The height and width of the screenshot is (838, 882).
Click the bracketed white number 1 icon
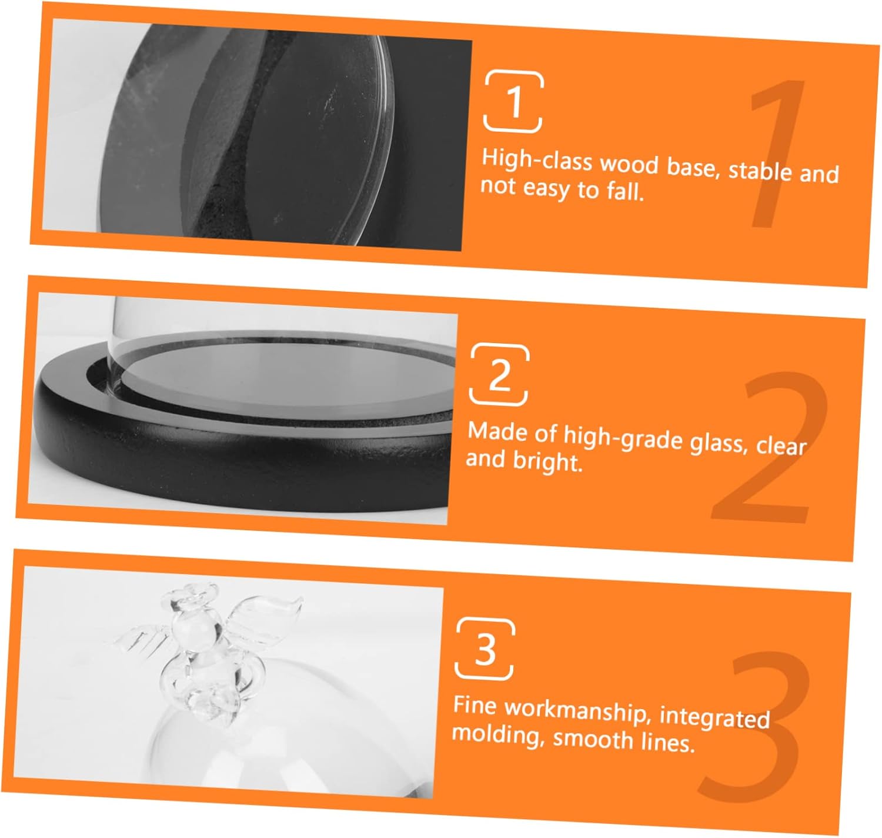click(x=513, y=102)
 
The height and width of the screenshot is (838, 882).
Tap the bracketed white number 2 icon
click(x=499, y=374)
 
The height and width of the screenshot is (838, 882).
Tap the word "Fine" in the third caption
click(x=475, y=704)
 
